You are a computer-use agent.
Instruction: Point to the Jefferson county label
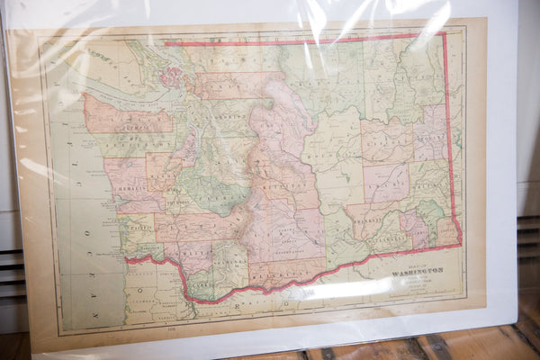click(x=135, y=144)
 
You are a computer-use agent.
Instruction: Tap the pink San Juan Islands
click(x=171, y=76)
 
